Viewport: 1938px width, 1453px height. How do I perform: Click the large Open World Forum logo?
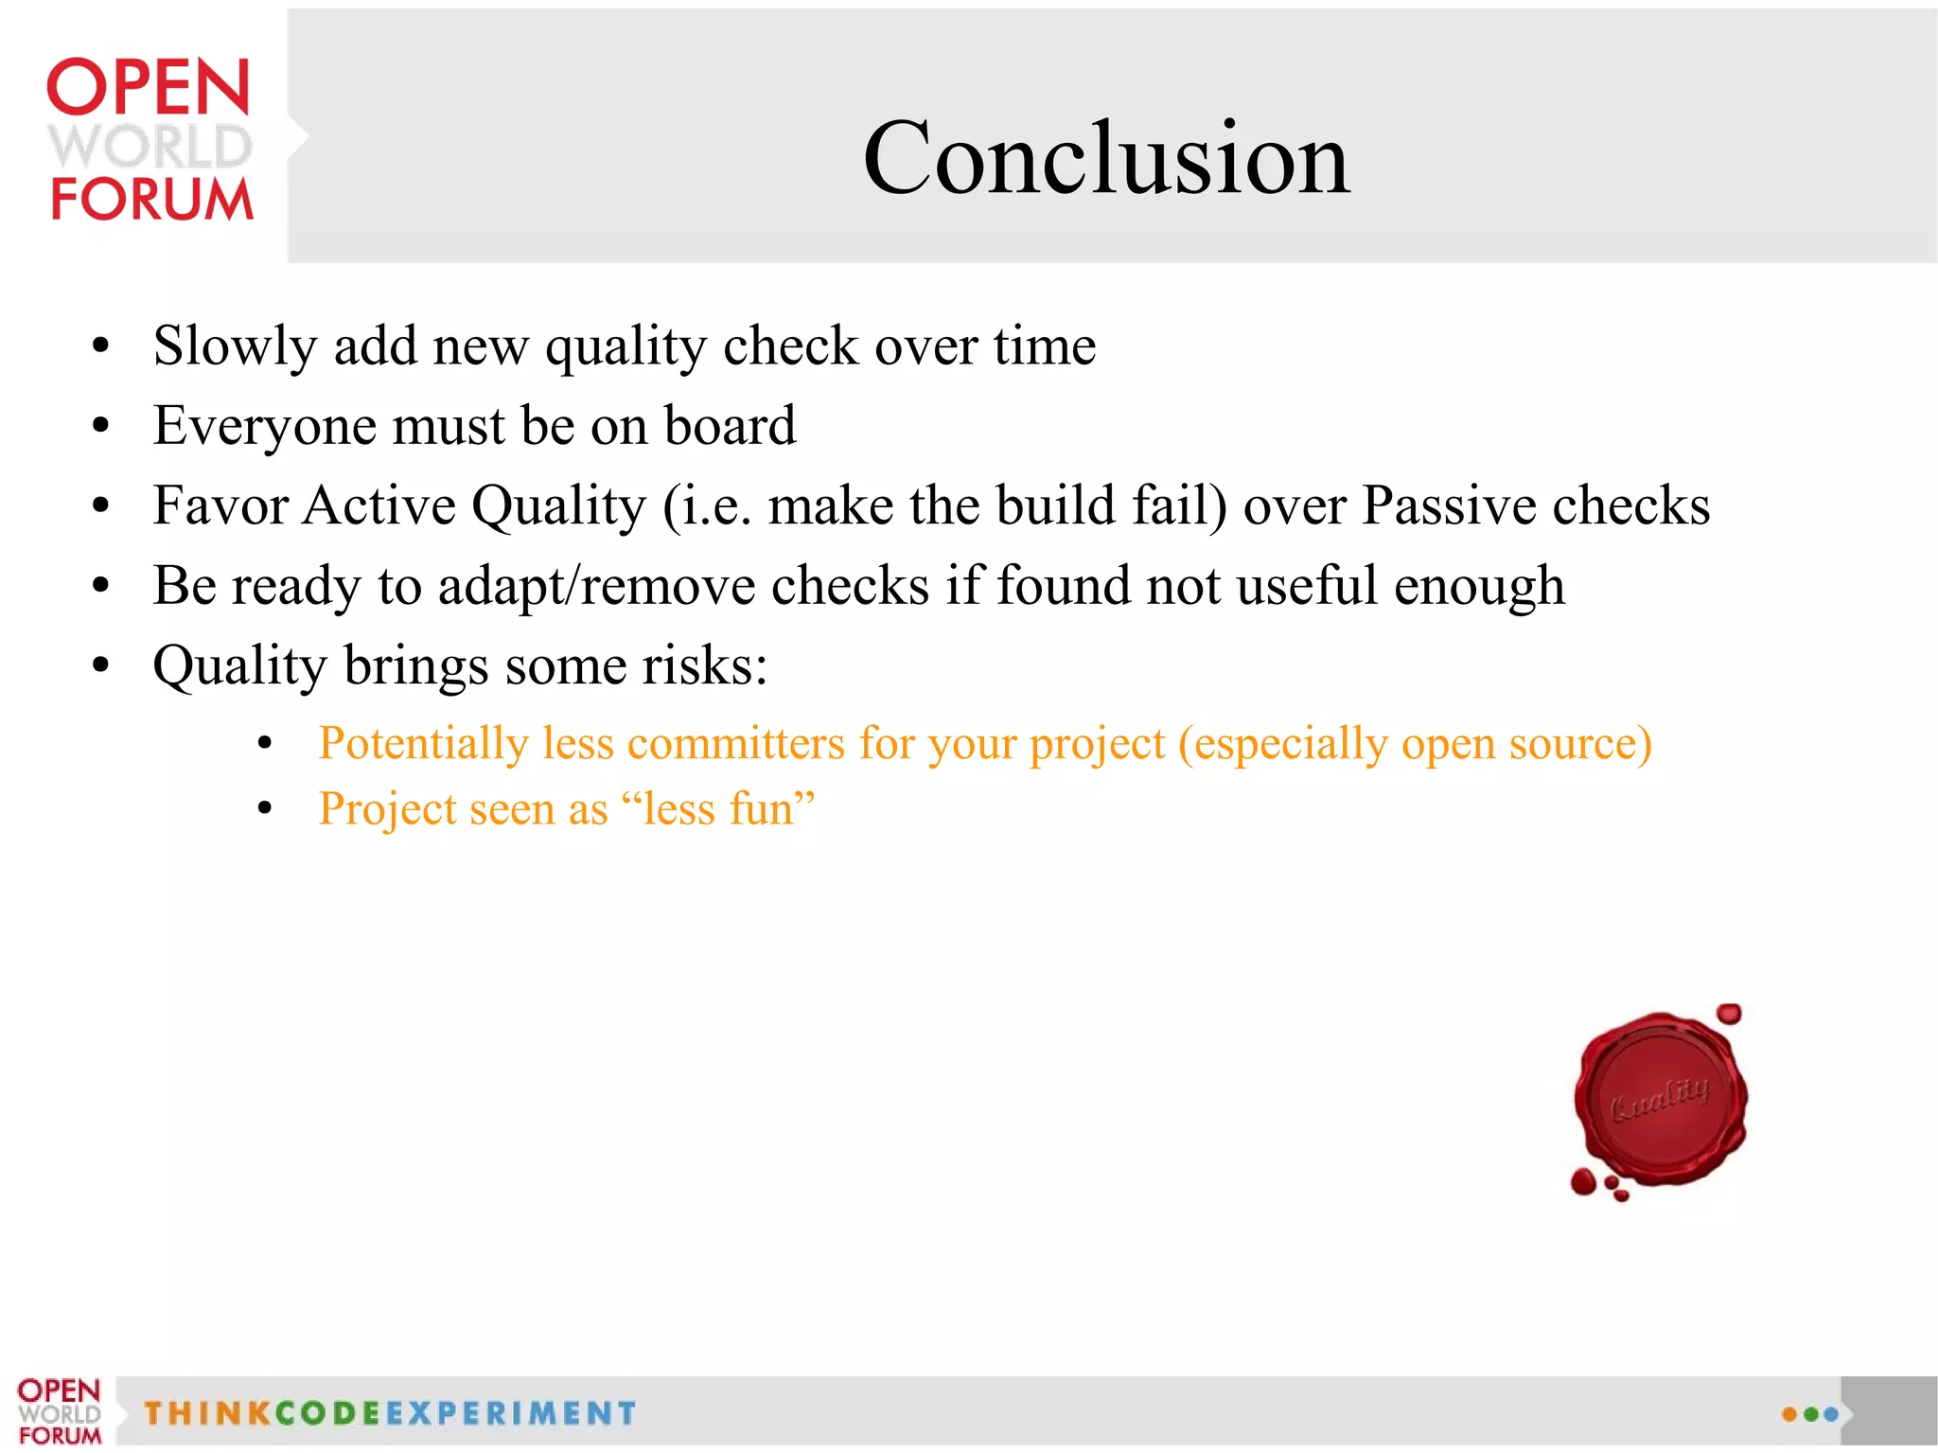150,140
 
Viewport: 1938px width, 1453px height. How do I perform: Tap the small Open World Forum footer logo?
59,1411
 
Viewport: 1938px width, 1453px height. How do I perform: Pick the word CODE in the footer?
327,1413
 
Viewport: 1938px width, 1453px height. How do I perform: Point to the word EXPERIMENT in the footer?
511,1413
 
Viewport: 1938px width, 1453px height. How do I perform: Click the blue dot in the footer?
1831,1414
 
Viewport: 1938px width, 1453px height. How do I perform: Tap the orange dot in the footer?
1789,1414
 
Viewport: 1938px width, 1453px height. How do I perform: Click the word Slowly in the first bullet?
234,346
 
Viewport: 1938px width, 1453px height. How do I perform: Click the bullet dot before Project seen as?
265,808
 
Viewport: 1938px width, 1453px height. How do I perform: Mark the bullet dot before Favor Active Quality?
101,505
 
